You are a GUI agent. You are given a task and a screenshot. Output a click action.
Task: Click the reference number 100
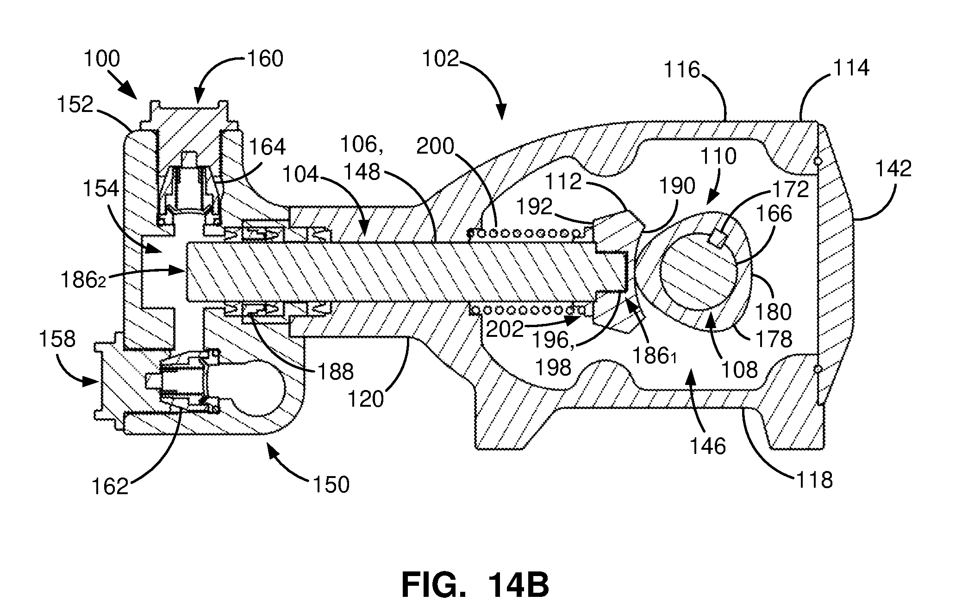pos(102,59)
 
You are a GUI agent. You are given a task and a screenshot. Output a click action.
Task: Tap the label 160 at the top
pos(265,59)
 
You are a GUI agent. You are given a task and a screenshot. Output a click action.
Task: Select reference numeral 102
pos(440,59)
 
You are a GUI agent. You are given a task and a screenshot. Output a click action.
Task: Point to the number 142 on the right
pos(893,168)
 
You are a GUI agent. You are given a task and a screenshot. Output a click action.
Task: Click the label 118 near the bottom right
pos(814,480)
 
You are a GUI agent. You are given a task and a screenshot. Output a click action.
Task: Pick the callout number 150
pos(331,485)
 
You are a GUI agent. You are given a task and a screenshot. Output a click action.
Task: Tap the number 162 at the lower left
pos(110,487)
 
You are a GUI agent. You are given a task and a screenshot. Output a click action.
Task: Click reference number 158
pos(57,339)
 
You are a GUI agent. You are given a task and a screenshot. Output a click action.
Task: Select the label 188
pos(335,372)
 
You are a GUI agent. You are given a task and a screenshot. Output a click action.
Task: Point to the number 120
pos(366,399)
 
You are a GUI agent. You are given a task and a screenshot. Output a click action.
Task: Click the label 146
pos(707,447)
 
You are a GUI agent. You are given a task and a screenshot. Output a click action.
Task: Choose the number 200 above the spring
pos(435,147)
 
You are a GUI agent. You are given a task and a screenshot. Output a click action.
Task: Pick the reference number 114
pos(851,68)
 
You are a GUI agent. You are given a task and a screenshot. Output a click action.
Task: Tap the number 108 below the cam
pos(740,369)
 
